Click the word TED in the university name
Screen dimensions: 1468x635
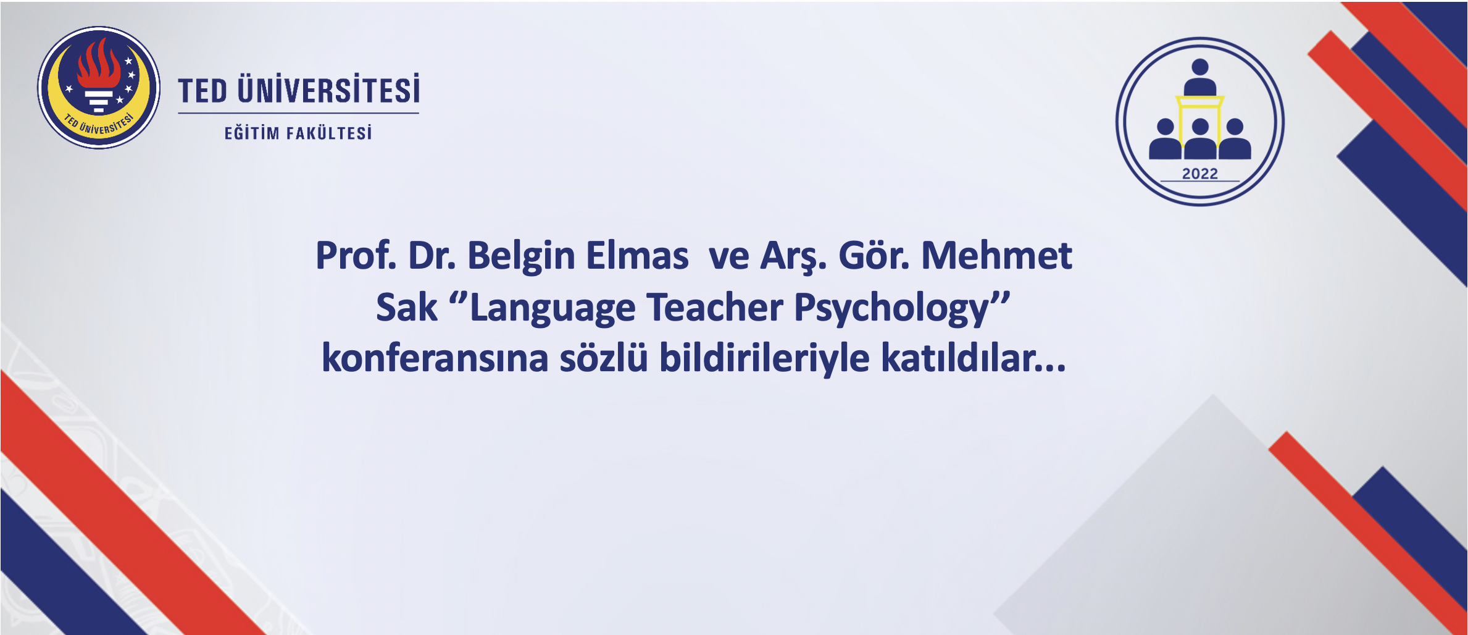[203, 91]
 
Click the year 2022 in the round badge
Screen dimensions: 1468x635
[1199, 174]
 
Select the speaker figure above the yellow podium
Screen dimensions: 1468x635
[1199, 77]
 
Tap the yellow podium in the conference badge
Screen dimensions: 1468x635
[1199, 124]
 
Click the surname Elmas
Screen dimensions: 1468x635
[637, 255]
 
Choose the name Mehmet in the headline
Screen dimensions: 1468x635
[996, 255]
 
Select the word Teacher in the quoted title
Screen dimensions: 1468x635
[715, 307]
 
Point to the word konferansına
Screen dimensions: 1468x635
[435, 358]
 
